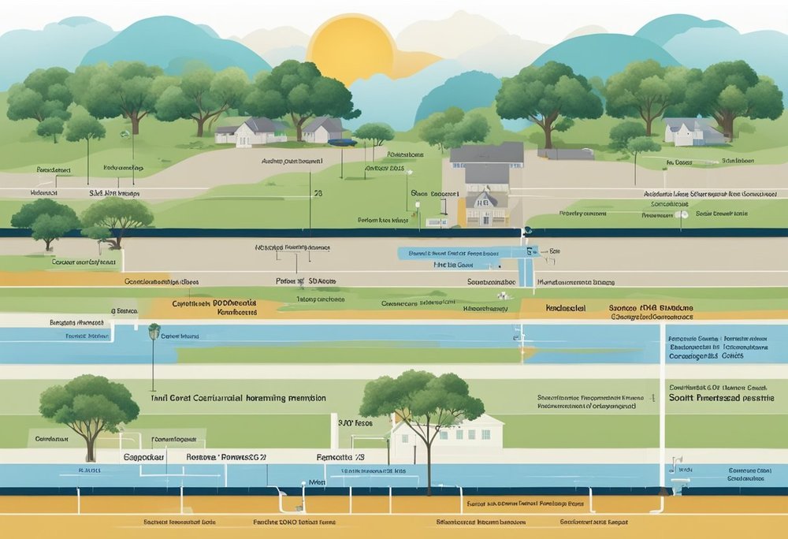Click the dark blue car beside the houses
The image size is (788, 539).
click(x=343, y=143)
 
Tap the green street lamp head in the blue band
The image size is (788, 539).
click(x=154, y=329)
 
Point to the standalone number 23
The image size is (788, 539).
click(x=318, y=192)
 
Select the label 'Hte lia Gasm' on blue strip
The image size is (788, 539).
click(x=452, y=266)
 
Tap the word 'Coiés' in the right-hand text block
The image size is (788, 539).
click(x=733, y=355)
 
